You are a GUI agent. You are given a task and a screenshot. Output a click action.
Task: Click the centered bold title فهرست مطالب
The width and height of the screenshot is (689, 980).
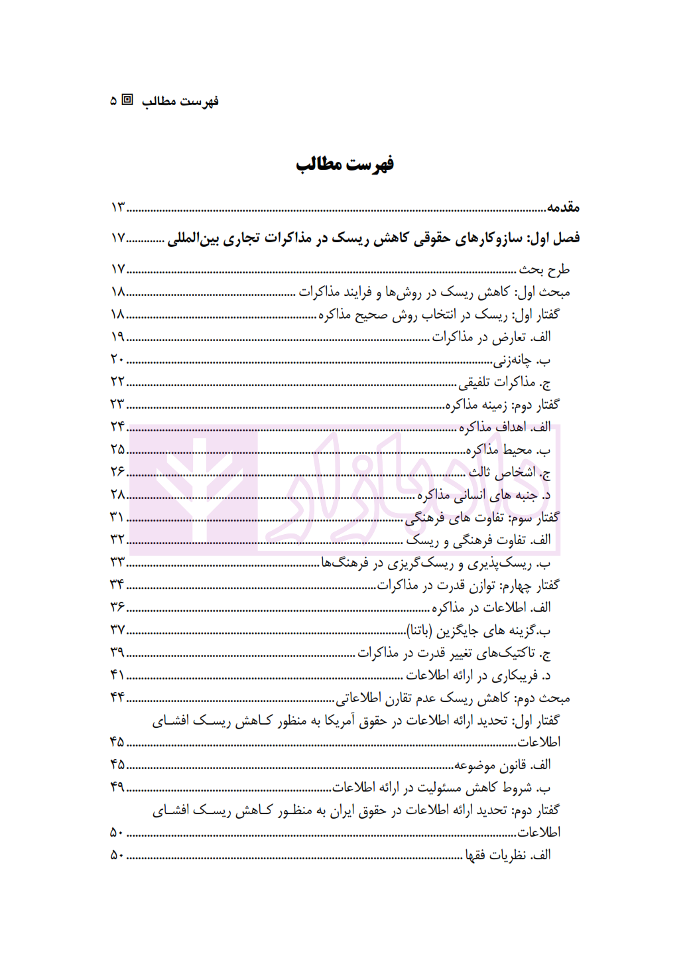point(344,163)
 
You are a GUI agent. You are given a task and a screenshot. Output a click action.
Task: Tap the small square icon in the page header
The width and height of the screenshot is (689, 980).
point(127,100)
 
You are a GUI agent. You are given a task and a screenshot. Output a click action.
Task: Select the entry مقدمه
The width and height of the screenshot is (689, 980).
point(563,208)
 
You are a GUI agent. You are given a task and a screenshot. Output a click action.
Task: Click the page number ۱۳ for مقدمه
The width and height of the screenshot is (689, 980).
point(118,208)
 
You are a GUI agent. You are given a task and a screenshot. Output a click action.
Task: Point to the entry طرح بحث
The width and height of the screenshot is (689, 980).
point(544,269)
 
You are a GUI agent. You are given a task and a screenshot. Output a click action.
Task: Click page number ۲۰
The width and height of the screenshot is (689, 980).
point(117,359)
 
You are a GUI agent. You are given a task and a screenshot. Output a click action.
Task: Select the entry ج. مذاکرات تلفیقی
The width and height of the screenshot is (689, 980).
point(505,382)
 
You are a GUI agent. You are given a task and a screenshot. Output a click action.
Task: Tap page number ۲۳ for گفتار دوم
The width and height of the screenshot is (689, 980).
point(117,404)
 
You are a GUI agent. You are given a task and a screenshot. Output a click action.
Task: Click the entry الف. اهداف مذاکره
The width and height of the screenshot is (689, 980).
point(505,427)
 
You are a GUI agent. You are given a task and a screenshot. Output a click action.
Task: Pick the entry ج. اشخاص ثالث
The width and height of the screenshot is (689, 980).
point(509,472)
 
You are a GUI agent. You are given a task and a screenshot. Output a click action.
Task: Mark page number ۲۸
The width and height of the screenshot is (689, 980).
point(117,494)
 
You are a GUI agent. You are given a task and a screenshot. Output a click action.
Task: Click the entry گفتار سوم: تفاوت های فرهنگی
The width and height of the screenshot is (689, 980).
point(482,518)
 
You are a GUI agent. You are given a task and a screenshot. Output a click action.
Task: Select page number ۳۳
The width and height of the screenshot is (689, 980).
point(117,562)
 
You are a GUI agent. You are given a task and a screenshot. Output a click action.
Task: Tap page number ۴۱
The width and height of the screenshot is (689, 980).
point(117,675)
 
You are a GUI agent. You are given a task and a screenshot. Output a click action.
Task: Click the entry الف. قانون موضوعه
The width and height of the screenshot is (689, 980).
point(502,765)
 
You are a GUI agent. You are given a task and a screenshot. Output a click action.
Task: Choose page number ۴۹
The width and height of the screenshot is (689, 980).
point(117,787)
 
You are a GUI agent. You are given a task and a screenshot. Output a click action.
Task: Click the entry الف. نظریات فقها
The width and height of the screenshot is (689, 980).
point(507,855)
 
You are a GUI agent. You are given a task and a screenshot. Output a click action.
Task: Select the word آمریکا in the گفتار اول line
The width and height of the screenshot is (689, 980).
point(340,721)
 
